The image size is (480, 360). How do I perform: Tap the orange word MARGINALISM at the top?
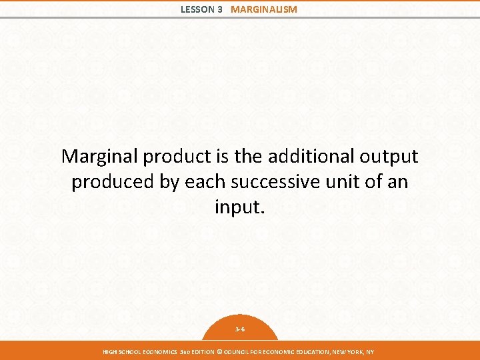[264, 9]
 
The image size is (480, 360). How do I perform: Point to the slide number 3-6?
[240, 329]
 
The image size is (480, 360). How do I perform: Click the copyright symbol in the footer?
[219, 352]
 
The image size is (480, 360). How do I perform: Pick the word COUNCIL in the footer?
[237, 352]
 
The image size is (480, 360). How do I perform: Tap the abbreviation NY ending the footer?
[370, 352]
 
